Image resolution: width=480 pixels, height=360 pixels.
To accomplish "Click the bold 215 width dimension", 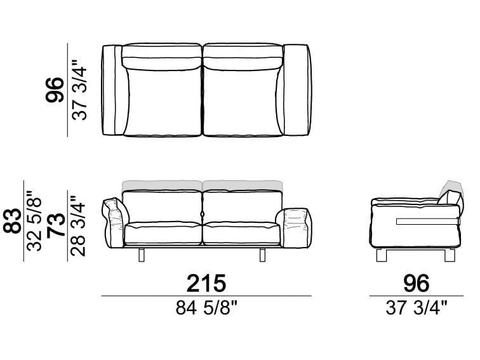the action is pos(206,283).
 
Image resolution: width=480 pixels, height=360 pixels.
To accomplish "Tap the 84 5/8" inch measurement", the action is pos(206,308).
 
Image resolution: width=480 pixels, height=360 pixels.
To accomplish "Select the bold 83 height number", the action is pos(13,221).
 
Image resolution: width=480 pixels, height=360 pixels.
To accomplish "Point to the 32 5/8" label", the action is pos(34,221).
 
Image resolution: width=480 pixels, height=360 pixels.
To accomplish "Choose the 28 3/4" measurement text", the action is pos(77,226).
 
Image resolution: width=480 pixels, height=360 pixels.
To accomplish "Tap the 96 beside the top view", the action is pos(55,90).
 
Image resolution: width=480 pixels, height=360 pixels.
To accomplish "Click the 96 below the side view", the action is pos(417,283).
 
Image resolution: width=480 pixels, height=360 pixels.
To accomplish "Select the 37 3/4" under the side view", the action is pos(417,308).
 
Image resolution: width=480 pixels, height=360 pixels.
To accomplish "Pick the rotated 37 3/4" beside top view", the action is pos(79,90).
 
